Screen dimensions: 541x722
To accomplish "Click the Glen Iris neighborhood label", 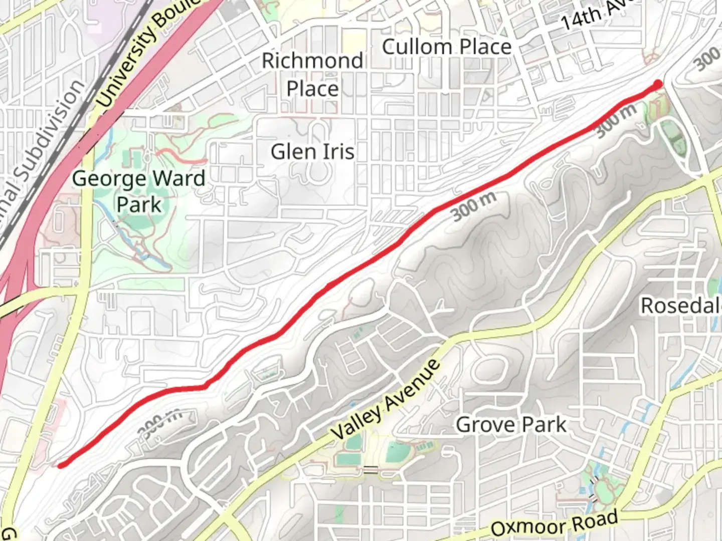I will coord(312,152).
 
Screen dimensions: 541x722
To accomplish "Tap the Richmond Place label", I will coord(312,75).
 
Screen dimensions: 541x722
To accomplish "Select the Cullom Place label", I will coord(446,47).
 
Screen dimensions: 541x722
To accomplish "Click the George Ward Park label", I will coord(139,191).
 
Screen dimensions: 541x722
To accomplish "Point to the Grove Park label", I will coord(511,425).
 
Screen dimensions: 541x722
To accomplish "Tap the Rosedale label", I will coord(681,306).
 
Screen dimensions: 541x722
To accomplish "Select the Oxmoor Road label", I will coord(555,524).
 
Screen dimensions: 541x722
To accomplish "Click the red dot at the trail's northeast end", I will coord(658,84).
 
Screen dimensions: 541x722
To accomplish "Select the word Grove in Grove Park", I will coord(485,425).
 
